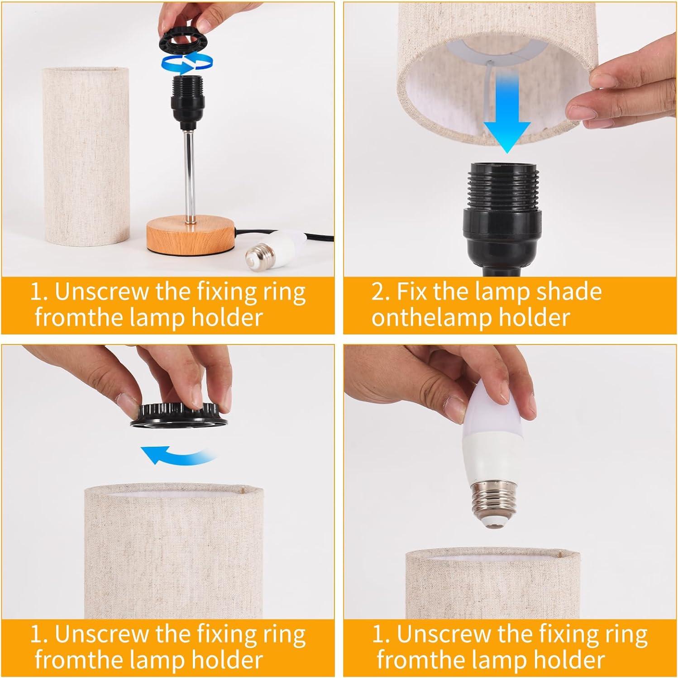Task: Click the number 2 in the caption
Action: click(378, 292)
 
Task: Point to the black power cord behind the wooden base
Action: click(247, 238)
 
